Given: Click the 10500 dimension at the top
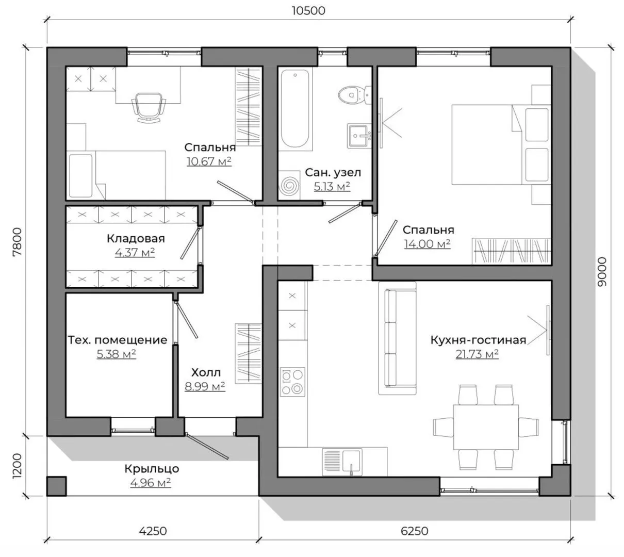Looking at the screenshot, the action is pos(308,11).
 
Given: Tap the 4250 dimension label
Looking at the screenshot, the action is pos(153,531).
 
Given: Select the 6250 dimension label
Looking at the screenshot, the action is pos(414,531).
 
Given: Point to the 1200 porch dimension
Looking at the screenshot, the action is pos(17,466).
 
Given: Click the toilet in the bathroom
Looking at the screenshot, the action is pos(354,94).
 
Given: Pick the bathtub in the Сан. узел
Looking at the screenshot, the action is pos(295,108).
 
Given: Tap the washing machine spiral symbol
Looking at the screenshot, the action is pos(289,186).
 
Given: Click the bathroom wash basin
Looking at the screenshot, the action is pos(359,136).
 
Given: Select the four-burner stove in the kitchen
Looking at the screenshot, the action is pos(292,382).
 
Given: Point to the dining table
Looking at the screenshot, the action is pos(486,427).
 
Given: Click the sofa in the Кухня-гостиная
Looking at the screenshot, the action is pos(397,338).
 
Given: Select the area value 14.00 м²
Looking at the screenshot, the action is pos(427,243).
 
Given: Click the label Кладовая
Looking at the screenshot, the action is pos(136,238).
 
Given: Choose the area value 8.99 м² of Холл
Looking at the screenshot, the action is pos(205,386).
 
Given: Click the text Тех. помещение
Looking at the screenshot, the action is pos(118,340).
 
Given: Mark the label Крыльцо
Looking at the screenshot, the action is pos(152,469).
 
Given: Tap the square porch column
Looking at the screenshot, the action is pos(57,486).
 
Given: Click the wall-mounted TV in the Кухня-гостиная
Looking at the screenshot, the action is pos(548,330).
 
